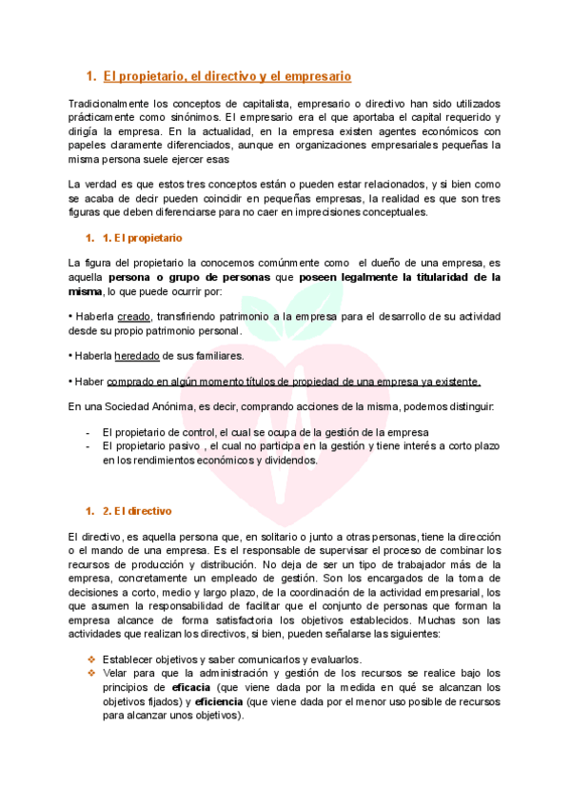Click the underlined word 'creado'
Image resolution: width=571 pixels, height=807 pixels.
135,316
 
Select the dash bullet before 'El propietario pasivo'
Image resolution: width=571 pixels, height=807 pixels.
89,445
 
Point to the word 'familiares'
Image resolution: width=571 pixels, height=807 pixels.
215,356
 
